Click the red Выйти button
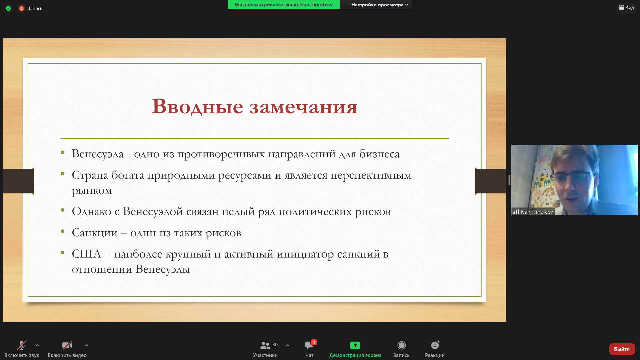coord(622,349)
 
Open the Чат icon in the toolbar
coord(309,345)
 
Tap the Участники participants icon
coord(265,345)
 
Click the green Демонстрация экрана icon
coord(355,345)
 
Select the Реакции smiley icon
coord(435,345)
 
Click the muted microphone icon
coord(22,345)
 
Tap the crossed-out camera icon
coord(67,345)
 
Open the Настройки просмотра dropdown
coord(379,5)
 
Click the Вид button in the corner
coord(626,8)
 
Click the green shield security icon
coord(8,8)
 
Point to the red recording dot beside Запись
coord(22,8)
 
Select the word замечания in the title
coord(303,107)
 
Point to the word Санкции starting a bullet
coord(95,233)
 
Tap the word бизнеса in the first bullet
coord(379,154)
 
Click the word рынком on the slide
coord(92,191)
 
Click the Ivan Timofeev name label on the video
coord(537,212)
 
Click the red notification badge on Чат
coord(314,342)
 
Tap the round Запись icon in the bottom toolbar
coord(401,345)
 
